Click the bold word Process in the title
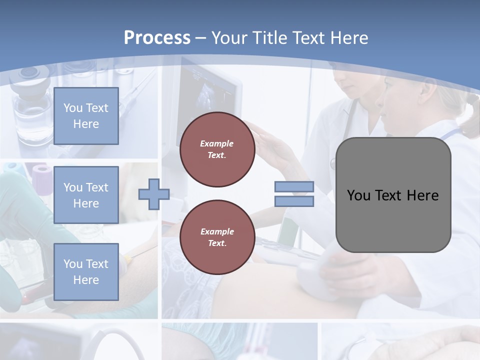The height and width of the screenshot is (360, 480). pos(157,38)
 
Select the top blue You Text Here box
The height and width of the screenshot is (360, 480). pos(86,116)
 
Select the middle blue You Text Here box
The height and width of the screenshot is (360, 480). pos(86,195)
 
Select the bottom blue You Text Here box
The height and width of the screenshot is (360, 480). pos(86,272)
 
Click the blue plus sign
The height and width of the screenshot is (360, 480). pos(153,194)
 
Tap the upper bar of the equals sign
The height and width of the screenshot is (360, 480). pos(294,187)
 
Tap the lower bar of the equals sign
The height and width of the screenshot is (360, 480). pos(294,201)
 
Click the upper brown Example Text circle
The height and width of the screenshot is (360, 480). pos(217,149)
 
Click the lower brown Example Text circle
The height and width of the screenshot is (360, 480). pos(217,237)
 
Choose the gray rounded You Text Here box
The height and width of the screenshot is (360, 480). pos(393,195)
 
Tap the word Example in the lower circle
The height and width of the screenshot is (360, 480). pos(217,231)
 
